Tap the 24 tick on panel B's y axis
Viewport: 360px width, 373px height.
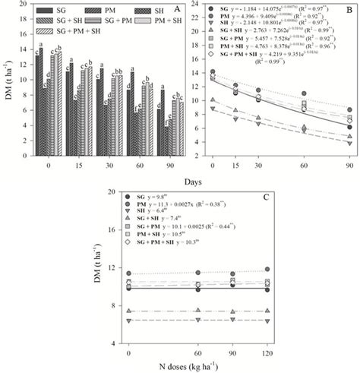coord(197,4)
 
